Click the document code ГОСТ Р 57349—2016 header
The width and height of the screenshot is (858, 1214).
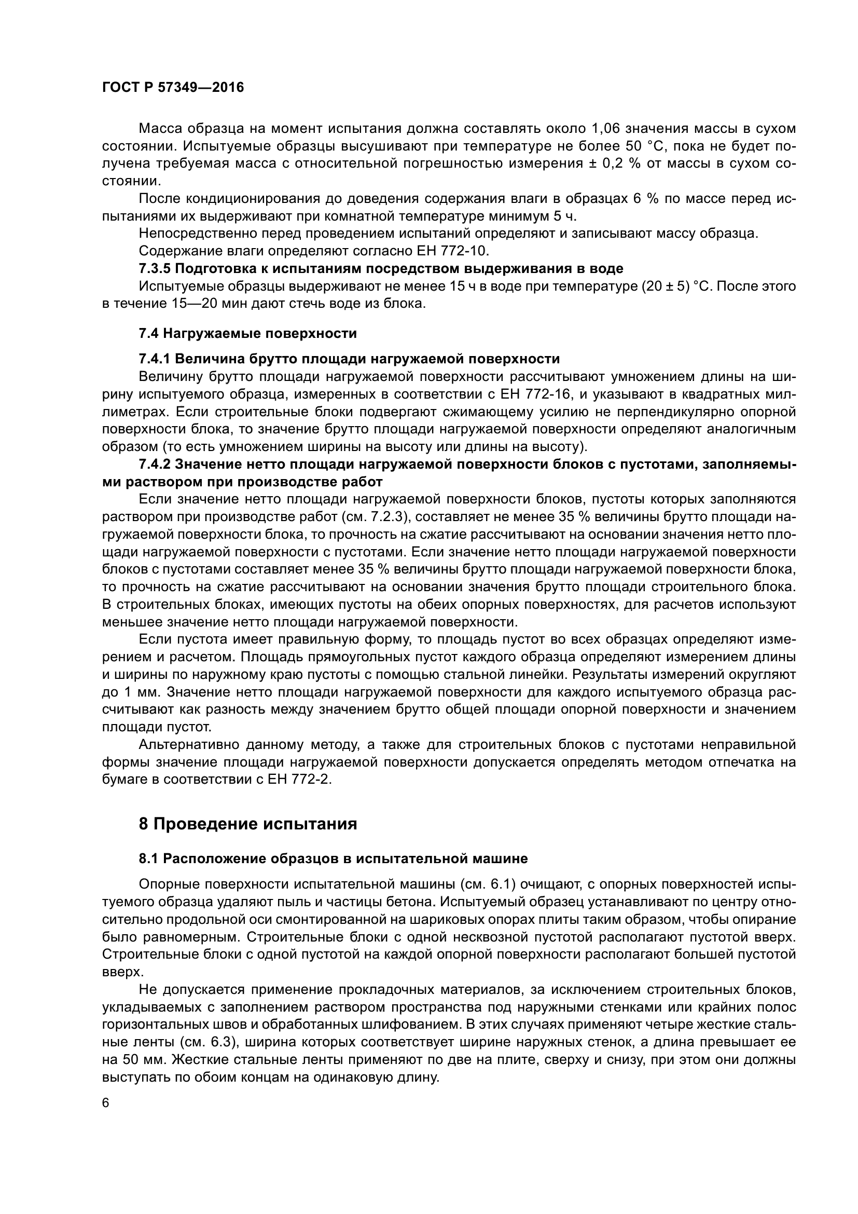click(x=173, y=88)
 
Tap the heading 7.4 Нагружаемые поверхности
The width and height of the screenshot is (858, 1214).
click(x=248, y=334)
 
